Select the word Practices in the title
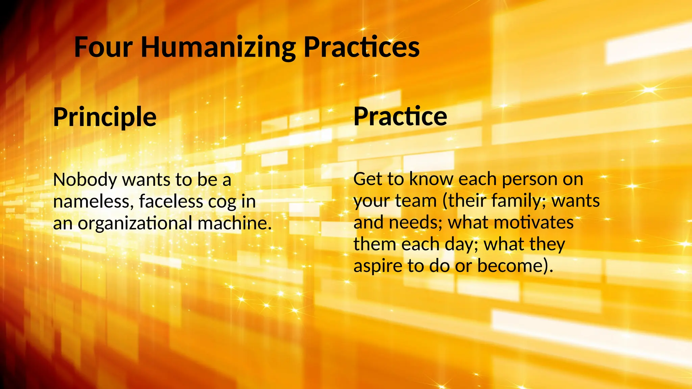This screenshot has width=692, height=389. (361, 47)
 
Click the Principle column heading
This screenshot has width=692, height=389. (105, 117)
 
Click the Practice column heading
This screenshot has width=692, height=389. (400, 116)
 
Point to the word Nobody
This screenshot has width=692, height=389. (85, 180)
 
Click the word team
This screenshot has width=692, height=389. (416, 201)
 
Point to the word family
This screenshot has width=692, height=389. (519, 201)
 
